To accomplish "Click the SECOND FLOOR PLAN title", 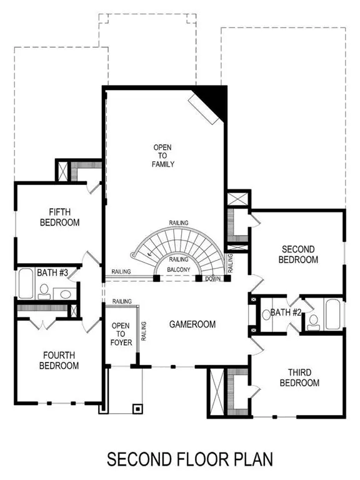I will point(189,459).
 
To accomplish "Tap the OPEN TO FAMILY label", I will point(163,156).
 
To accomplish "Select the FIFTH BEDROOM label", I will point(60,217).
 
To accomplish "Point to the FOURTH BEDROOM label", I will point(61,360).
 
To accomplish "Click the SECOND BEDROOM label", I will point(297,254).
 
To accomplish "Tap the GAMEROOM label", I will point(192,324).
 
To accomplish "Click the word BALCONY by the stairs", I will point(179,269).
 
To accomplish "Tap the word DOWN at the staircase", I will point(212,279).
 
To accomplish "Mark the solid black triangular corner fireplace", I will point(214,98).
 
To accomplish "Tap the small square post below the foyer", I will point(137,408).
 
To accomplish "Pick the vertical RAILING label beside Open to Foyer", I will point(144,331).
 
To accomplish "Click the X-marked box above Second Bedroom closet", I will point(238,199).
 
